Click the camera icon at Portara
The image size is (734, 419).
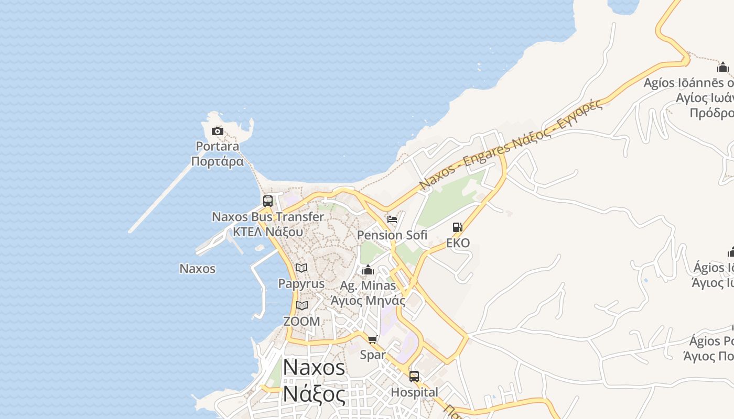click(218, 131)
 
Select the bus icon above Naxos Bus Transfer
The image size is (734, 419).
click(268, 201)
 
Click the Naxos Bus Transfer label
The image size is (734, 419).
click(268, 217)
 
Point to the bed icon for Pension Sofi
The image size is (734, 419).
click(392, 219)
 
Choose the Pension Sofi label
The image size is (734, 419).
click(392, 235)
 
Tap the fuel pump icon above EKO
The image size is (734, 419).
click(458, 227)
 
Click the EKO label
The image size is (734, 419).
click(458, 243)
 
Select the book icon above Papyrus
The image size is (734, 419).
click(301, 268)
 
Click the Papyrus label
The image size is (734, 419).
click(301, 284)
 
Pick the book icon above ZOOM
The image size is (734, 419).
click(301, 306)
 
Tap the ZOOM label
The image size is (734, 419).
click(301, 322)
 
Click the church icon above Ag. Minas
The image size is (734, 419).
click(368, 270)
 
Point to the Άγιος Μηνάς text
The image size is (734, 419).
click(368, 301)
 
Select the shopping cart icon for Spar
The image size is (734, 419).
click(373, 340)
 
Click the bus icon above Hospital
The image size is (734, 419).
click(414, 377)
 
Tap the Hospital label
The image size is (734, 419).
click(414, 392)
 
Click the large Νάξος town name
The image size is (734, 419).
click(314, 394)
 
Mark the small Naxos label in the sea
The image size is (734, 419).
click(197, 269)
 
